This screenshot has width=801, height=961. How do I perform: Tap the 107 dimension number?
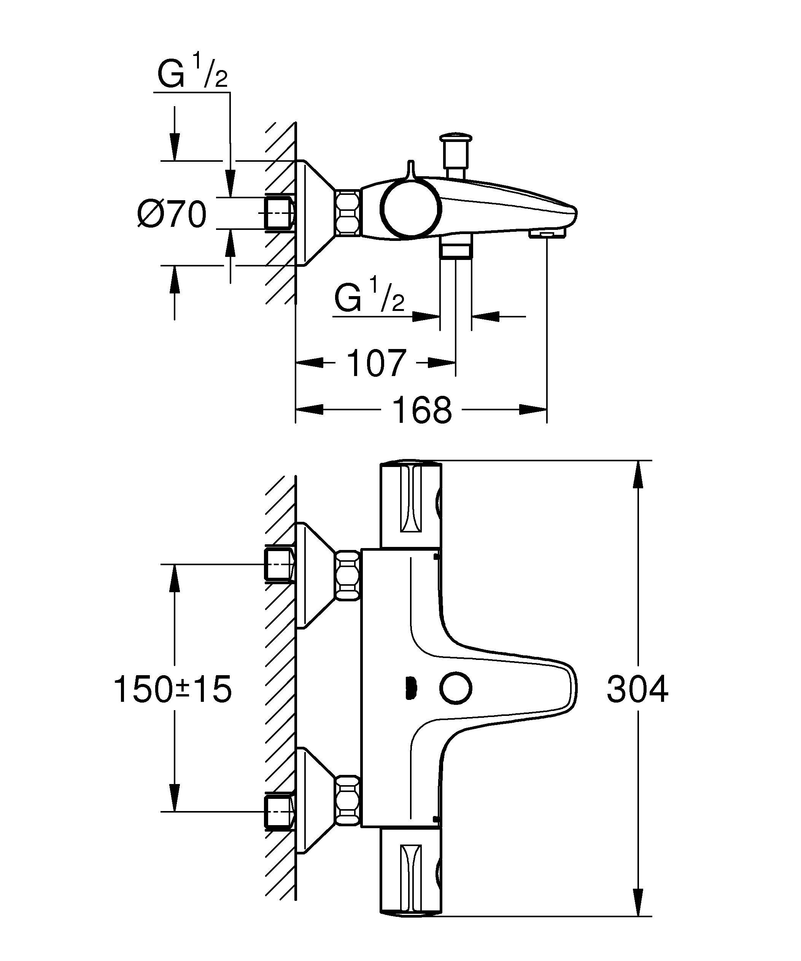coord(376,363)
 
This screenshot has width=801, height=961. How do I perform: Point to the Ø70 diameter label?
coord(172,214)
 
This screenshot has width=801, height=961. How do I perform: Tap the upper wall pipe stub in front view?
coord(278,564)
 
